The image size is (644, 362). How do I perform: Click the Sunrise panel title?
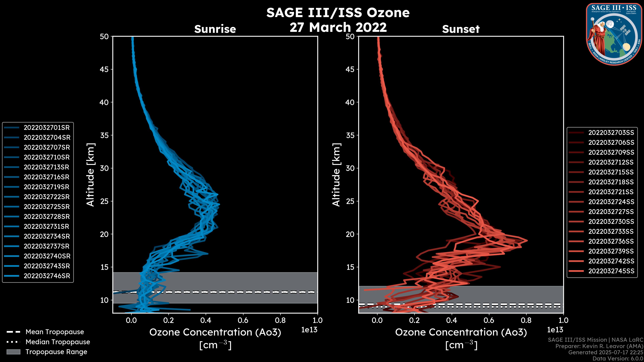[215, 29]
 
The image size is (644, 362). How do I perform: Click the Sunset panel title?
[461, 29]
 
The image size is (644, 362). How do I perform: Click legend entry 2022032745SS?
[611, 271]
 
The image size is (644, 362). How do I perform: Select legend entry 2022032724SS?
[611, 202]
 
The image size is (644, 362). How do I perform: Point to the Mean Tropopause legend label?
[55, 332]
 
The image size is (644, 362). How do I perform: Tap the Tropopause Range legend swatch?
[13, 352]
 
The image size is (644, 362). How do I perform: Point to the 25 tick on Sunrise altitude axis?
[104, 201]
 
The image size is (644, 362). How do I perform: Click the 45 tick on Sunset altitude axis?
[350, 69]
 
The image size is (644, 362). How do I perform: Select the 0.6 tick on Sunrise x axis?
[243, 320]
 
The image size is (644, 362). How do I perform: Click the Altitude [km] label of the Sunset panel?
[336, 175]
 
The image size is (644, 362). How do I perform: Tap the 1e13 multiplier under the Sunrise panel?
[309, 330]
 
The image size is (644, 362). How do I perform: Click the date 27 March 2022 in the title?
[338, 27]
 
